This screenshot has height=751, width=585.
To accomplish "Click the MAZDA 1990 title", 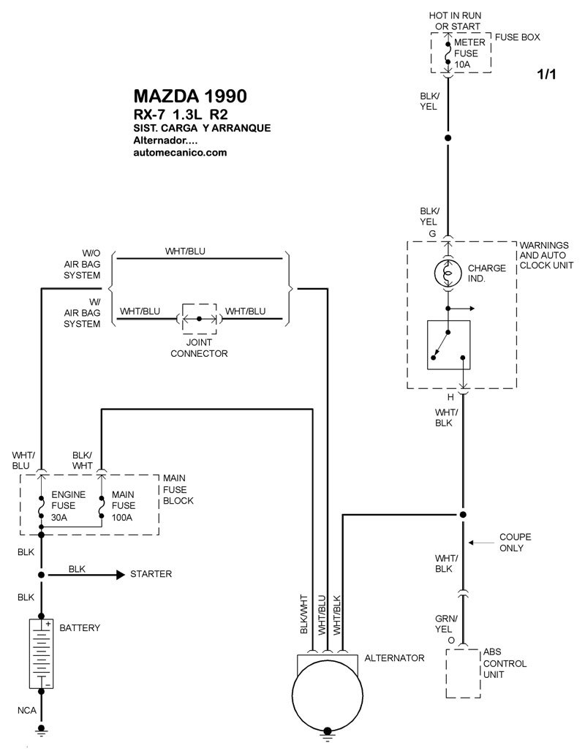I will tap(190, 97).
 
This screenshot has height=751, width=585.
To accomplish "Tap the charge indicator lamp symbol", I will tap(448, 273).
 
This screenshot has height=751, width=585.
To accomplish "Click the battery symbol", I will tap(42, 653).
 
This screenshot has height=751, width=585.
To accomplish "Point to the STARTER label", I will tap(151, 574).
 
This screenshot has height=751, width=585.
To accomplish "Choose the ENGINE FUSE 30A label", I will tap(63, 506).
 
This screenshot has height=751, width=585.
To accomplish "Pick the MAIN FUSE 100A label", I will tap(123, 506).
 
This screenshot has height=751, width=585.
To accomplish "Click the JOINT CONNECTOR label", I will tap(199, 348).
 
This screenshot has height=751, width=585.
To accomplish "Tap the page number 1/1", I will tap(547, 75).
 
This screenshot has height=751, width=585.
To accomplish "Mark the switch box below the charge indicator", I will tap(448, 345).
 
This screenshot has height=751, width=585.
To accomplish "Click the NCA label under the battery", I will tap(26, 710).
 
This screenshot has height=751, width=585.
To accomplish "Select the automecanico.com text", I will tap(181, 154).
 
